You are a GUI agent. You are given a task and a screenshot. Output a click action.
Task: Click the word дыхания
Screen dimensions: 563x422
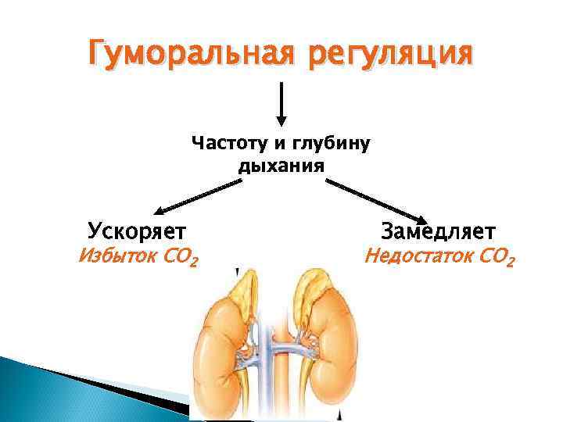pos(281,166)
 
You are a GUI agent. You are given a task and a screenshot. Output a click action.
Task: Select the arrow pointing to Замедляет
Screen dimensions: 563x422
pos(375,201)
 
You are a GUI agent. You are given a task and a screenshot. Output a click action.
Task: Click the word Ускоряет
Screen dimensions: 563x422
pos(137,231)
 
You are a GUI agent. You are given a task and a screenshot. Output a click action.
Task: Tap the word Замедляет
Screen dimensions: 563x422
pos(438,232)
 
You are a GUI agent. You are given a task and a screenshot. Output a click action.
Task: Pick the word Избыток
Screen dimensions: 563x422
pos(115,256)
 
